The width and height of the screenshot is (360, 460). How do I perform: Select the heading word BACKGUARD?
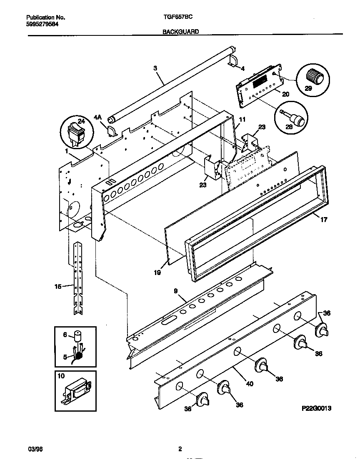180,32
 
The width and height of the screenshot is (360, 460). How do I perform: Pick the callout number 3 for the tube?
155,67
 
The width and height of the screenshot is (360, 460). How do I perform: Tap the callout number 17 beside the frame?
323,220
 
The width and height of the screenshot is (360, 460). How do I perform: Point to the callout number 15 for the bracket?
58,286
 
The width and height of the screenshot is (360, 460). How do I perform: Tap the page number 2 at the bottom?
180,449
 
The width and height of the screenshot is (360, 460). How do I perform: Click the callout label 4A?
97,117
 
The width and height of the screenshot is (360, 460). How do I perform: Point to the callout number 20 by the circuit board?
285,94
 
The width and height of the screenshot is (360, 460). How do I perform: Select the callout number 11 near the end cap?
242,119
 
